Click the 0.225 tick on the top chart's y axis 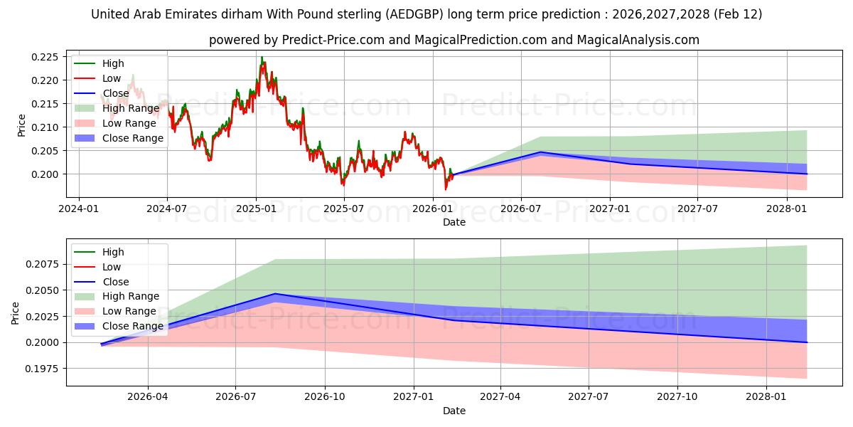click(50, 57)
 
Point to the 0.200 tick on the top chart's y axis click(50, 174)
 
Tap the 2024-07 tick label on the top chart click(167, 209)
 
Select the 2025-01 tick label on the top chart click(255, 209)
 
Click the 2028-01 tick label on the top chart click(786, 209)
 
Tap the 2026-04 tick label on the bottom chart click(148, 397)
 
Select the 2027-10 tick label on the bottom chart click(677, 397)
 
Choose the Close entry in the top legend click(116, 93)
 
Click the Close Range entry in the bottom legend click(133, 326)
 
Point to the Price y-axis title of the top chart click(21, 125)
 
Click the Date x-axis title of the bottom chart click(454, 411)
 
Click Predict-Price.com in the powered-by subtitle click(333, 40)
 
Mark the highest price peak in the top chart click(262, 58)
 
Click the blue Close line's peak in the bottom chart click(275, 293)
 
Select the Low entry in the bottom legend click(112, 267)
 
